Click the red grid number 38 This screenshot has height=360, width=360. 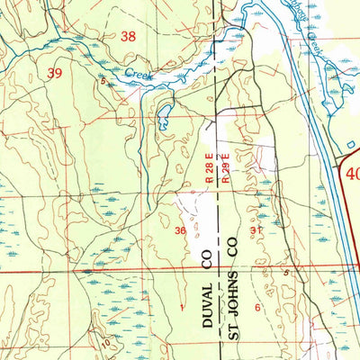tap(130, 36)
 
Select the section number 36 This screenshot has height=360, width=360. tap(181, 231)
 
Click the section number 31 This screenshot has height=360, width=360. tap(256, 230)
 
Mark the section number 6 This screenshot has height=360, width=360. tap(257, 308)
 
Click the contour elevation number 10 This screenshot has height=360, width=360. tap(105, 343)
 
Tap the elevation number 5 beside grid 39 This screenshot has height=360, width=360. tap(103, 82)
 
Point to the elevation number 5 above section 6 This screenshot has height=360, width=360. tap(286, 272)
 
